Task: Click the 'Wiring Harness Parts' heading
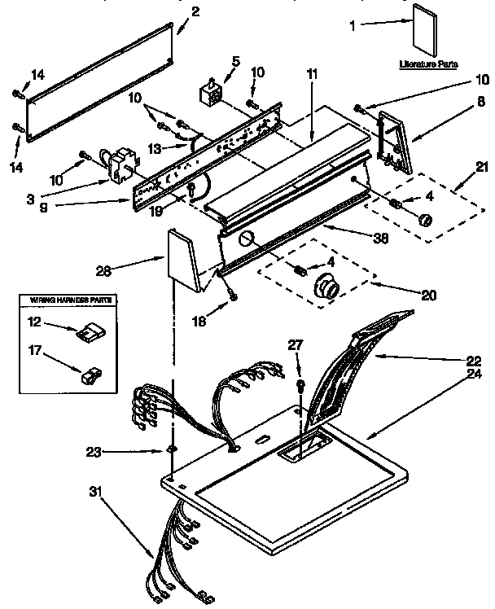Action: [67, 300]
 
